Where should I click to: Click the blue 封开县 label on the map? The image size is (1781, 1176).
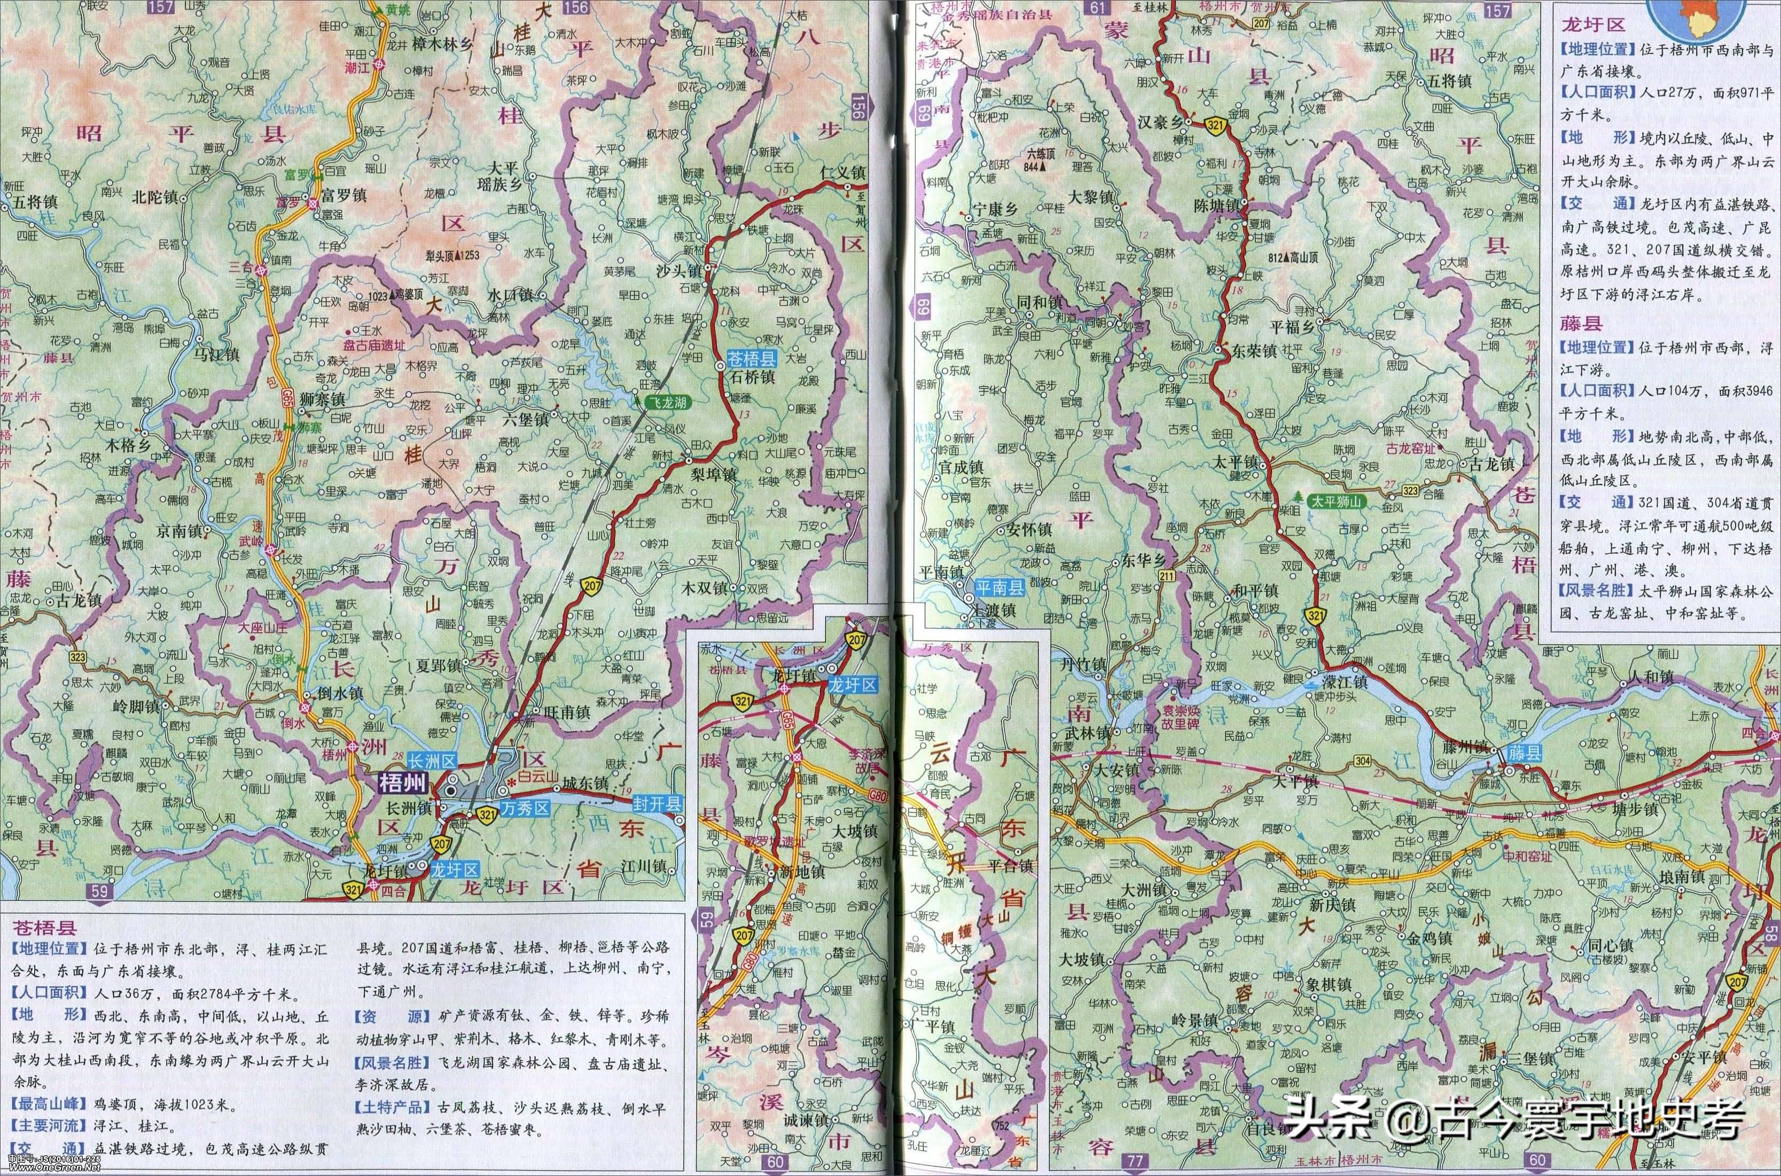click(x=659, y=803)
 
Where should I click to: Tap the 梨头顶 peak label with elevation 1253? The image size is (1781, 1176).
click(x=451, y=255)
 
